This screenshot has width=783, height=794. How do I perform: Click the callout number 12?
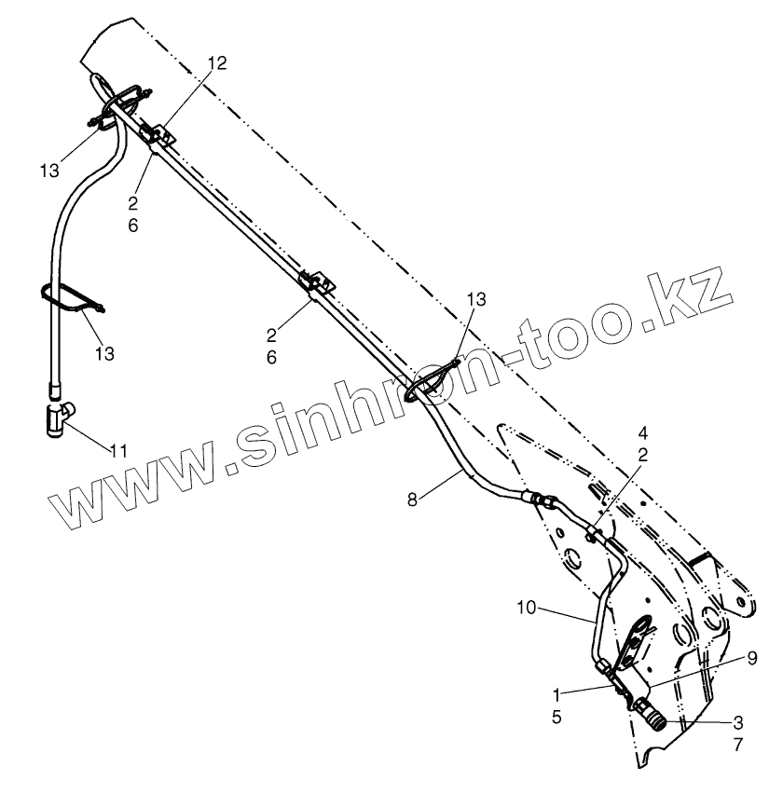click(216, 62)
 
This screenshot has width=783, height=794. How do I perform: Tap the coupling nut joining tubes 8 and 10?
click(542, 501)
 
